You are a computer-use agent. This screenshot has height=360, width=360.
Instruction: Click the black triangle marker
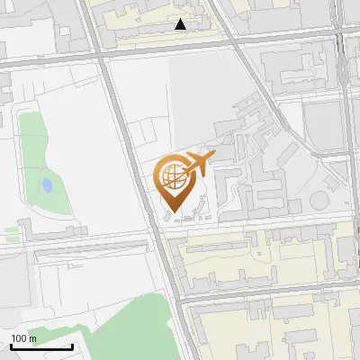point(182,25)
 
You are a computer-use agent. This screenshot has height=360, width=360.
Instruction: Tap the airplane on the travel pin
point(199,163)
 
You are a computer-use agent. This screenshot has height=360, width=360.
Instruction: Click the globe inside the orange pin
point(173,176)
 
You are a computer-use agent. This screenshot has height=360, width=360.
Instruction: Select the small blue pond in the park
point(46,185)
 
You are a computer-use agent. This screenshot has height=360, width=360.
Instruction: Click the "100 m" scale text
point(23,338)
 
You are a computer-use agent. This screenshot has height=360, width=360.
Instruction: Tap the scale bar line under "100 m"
point(41,346)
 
